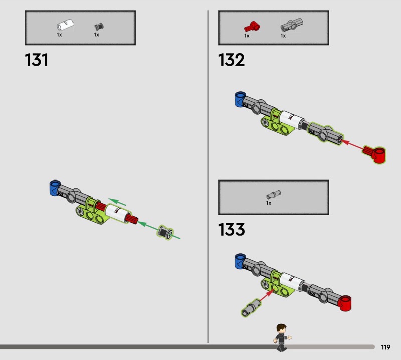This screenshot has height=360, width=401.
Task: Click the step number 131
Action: pyautogui.click(x=36, y=60)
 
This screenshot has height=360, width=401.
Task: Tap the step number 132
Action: pyautogui.click(x=231, y=60)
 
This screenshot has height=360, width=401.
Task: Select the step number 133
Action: pyautogui.click(x=231, y=229)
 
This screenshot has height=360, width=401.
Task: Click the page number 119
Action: pyautogui.click(x=385, y=347)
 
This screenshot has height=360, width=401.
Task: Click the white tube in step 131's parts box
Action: pyautogui.click(x=65, y=25)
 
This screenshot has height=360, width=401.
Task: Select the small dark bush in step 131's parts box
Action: pyautogui.click(x=99, y=27)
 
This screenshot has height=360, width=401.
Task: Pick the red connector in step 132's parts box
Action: pyautogui.click(x=252, y=27)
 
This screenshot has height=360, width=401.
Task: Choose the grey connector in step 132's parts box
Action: pyautogui.click(x=292, y=25)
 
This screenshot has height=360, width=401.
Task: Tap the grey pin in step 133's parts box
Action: pyautogui.click(x=273, y=195)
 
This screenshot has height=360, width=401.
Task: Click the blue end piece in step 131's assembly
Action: pyautogui.click(x=55, y=188)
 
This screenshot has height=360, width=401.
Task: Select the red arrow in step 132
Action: pyautogui.click(x=352, y=144)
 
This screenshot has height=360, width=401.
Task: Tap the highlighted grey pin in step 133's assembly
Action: pyautogui.click(x=251, y=307)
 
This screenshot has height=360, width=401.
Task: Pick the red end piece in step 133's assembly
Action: pyautogui.click(x=344, y=303)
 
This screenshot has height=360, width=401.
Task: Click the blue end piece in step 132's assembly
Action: pyautogui.click(x=240, y=99)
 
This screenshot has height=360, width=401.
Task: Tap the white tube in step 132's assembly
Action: pyautogui.click(x=291, y=120)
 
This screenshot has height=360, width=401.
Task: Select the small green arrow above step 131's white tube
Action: pyautogui.click(x=117, y=202)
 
